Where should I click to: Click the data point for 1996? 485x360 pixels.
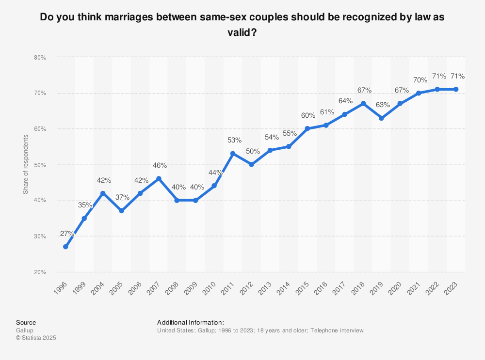[x=65, y=247]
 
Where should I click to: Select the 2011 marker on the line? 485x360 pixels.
[x=233, y=154]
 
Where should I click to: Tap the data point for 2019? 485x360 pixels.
[x=381, y=118]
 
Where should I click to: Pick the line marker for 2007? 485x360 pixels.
[x=159, y=179]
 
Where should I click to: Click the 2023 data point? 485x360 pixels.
[x=456, y=89]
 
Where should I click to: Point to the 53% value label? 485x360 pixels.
[x=234, y=141]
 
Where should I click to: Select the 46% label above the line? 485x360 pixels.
[x=160, y=166]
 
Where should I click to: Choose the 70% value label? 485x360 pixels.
[x=420, y=80]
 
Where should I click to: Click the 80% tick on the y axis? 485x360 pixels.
[x=40, y=57]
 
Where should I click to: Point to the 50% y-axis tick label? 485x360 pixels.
[x=40, y=165]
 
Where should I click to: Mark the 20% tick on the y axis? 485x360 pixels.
[x=40, y=272]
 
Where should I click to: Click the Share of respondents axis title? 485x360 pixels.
[x=26, y=165]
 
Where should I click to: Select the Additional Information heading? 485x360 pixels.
[x=190, y=322]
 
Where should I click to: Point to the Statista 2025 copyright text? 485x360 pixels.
[x=36, y=338]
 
